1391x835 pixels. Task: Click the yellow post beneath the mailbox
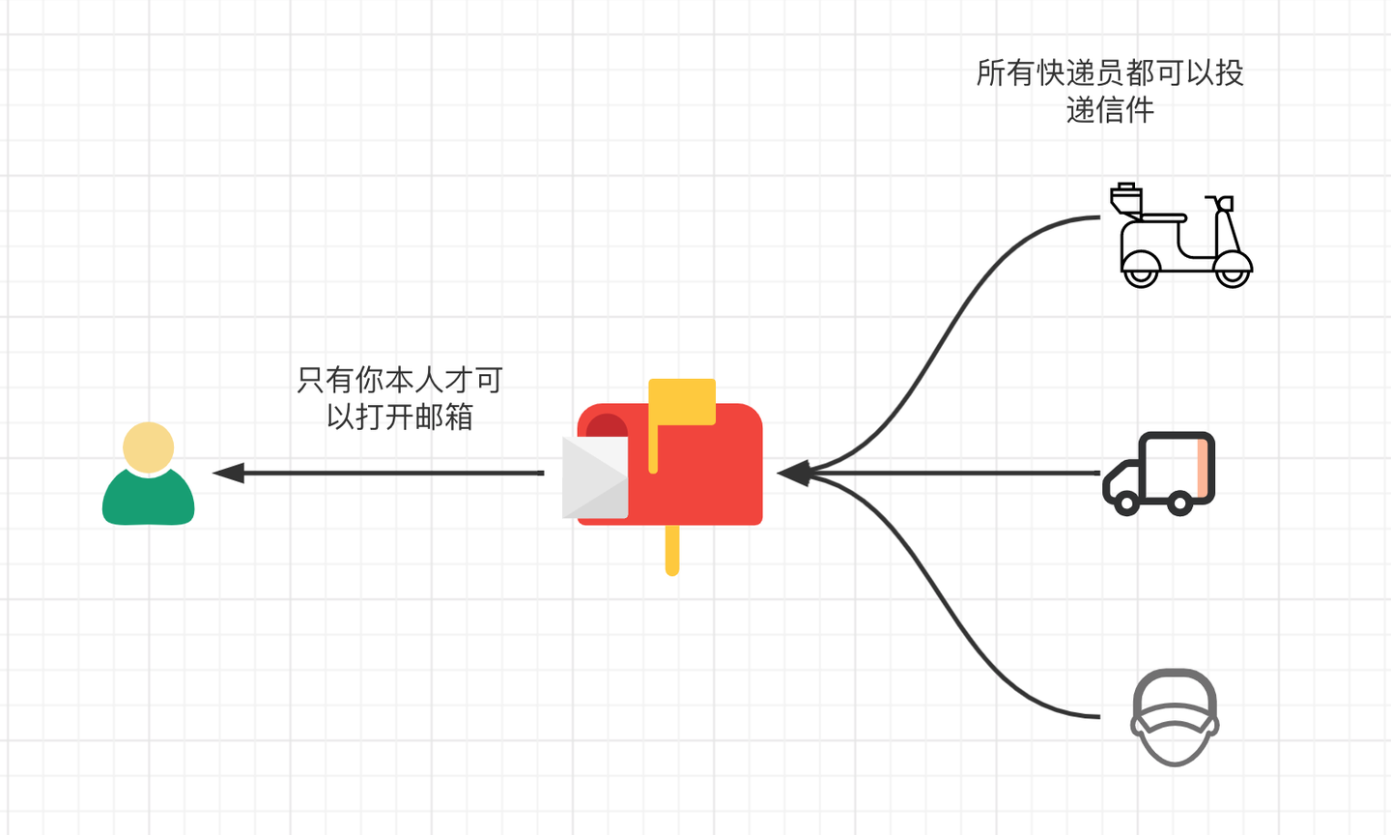coord(672,551)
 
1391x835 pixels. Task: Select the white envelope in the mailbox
coord(594,477)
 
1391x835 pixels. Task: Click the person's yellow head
coord(149,447)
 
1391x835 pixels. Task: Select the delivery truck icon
coord(1159,473)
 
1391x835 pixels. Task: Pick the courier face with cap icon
coord(1175,717)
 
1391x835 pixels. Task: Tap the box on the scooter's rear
coord(1125,199)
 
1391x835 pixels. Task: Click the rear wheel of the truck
coord(1178,503)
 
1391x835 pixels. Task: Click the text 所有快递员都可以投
coord(1110,72)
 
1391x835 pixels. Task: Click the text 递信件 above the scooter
coord(1110,110)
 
